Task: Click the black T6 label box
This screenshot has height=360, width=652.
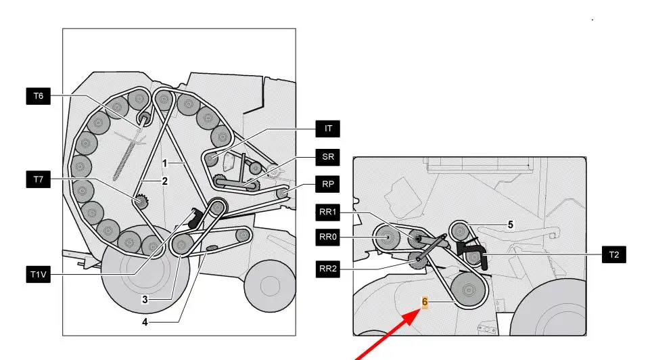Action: [39, 96]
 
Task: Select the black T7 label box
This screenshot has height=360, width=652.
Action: [39, 179]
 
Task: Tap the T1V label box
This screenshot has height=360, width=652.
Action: [39, 275]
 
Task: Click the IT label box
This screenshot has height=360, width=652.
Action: [327, 129]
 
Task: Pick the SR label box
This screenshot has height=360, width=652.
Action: [327, 157]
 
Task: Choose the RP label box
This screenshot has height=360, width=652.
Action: [327, 184]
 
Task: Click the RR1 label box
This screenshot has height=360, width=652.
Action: [327, 212]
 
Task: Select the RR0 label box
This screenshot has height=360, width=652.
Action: [327, 238]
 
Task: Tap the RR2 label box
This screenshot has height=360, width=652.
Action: [327, 269]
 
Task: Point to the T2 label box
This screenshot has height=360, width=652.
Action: [613, 254]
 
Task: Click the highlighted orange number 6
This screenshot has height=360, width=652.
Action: [425, 302]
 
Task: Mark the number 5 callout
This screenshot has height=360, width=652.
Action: [511, 225]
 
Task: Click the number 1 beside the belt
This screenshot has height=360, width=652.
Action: [164, 164]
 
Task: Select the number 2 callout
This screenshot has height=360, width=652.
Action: [164, 181]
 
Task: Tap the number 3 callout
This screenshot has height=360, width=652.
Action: [145, 299]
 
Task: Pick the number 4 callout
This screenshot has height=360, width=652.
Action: [145, 322]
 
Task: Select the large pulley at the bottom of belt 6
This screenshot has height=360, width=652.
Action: [469, 290]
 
